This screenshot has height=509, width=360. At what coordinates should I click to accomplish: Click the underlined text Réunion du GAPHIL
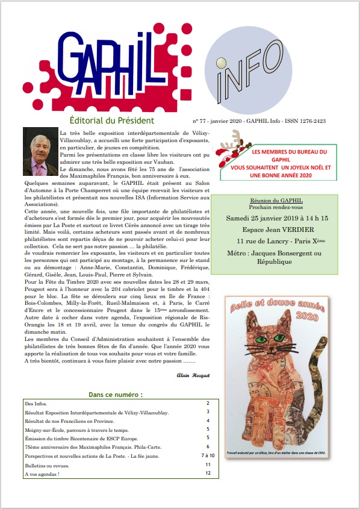click(x=276, y=201)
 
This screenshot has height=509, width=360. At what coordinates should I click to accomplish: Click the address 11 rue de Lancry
click(x=259, y=243)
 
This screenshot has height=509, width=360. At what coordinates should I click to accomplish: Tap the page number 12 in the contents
click(x=207, y=473)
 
